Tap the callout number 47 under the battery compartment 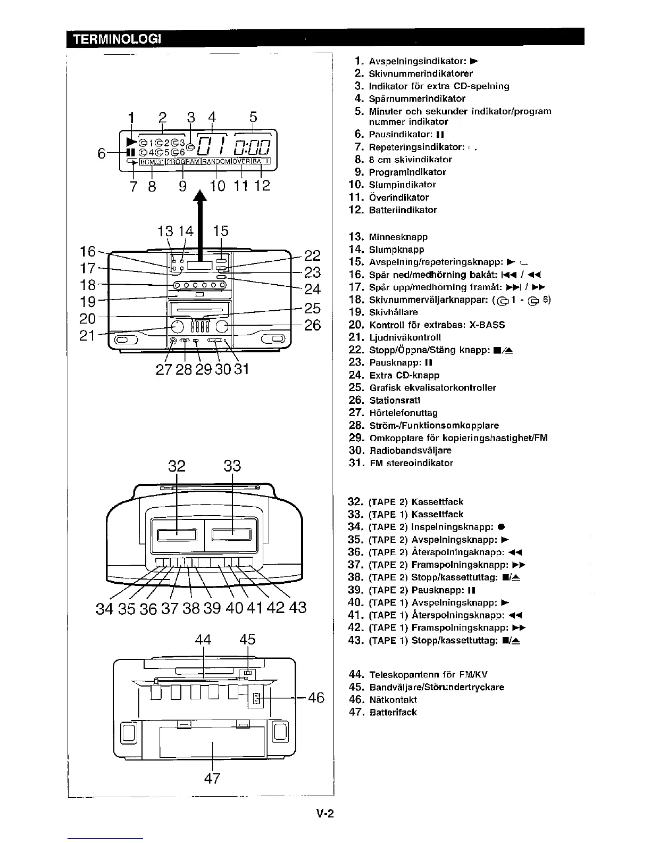pos(212,778)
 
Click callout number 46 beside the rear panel pos(316,698)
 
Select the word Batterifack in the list pos(393,712)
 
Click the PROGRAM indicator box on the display pos(182,161)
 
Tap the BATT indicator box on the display pos(261,161)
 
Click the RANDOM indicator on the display pos(216,161)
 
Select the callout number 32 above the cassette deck pos(177,466)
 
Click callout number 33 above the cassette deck pos(232,466)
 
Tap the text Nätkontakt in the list pos(393,699)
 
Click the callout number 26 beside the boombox pos(313,325)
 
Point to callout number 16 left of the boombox pos(87,251)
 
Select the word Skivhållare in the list pos(394,312)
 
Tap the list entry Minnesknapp pos(398,237)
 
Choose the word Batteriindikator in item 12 pos(403,210)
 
